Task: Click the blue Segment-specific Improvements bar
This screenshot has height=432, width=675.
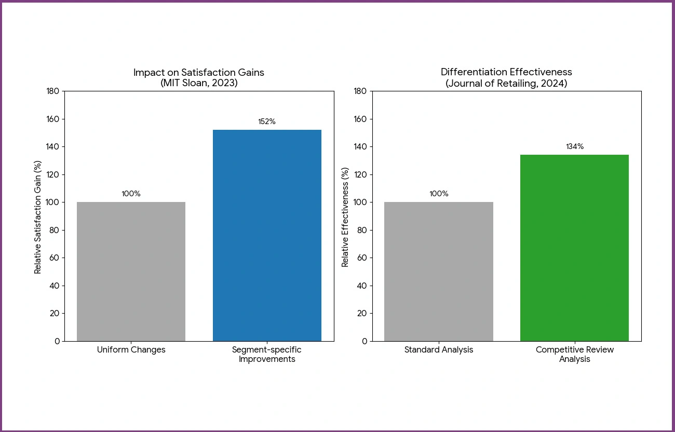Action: tap(267, 235)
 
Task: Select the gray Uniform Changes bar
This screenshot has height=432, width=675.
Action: tap(131, 272)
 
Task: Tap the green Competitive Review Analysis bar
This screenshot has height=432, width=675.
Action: tap(574, 248)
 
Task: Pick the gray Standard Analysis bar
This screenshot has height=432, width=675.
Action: tap(439, 272)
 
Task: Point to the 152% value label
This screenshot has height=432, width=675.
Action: tap(267, 122)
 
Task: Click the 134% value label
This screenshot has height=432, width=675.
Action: tap(575, 146)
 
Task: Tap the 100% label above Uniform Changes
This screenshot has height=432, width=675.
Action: tap(131, 194)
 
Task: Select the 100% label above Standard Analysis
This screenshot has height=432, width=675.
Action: tap(439, 194)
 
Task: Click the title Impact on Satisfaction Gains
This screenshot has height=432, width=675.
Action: tap(199, 73)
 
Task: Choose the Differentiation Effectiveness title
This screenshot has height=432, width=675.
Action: tap(506, 72)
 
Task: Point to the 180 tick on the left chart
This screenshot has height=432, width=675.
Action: tap(53, 91)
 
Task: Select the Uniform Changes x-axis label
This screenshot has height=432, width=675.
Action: tap(131, 350)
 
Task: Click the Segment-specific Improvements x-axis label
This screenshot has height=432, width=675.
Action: tap(267, 354)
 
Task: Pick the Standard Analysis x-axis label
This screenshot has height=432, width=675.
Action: tap(439, 350)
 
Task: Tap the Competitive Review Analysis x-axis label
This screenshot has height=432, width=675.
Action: tap(575, 354)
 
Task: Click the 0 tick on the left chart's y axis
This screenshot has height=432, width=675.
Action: tap(58, 341)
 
